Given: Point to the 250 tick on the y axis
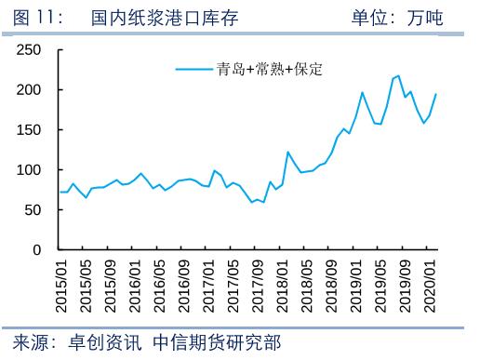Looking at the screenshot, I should pyautogui.click(x=31, y=50).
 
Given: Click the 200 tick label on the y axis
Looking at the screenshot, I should pyautogui.click(x=31, y=90).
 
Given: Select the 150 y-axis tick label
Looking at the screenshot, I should pyautogui.click(x=31, y=130).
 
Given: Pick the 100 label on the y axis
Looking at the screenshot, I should pyautogui.click(x=31, y=170).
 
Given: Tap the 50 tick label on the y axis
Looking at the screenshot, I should pyautogui.click(x=34, y=210).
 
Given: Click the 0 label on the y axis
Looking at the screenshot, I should pyautogui.click(x=38, y=250).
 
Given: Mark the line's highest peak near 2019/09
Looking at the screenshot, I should pyautogui.click(x=399, y=76).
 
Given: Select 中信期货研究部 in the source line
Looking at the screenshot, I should pyautogui.click(x=216, y=341).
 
